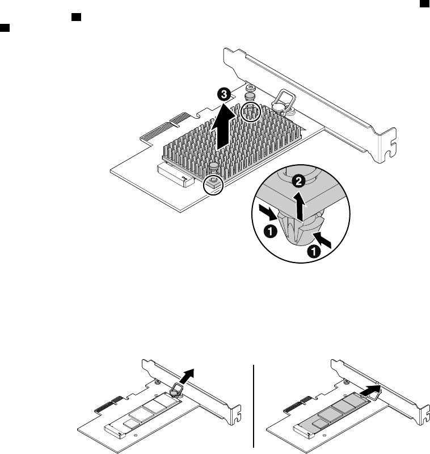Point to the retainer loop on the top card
pyautogui.click(x=281, y=101)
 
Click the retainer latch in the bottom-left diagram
pyautogui.click(x=176, y=389)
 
